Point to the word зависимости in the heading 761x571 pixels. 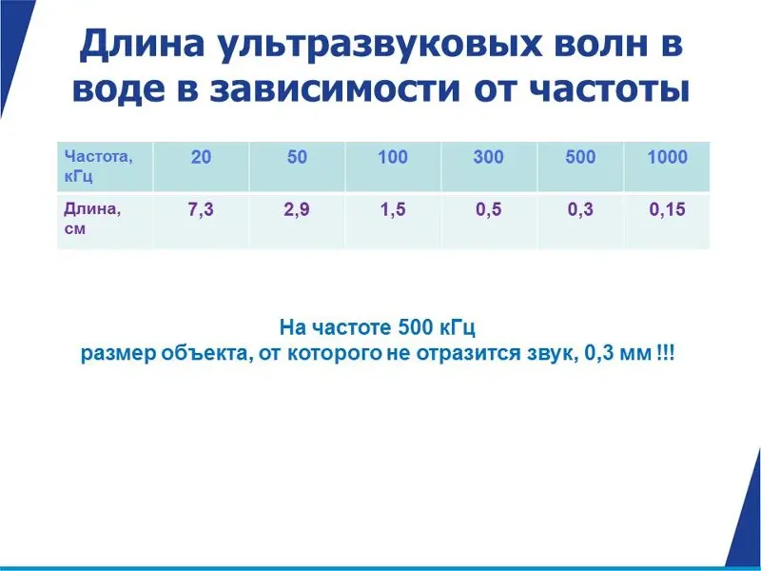[335, 90]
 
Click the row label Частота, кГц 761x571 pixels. [98, 166]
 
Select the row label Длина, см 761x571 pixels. [92, 219]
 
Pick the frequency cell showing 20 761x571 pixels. [201, 157]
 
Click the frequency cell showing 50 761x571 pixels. [297, 157]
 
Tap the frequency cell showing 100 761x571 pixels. [393, 157]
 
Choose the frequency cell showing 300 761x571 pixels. [488, 157]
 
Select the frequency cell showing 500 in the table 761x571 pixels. [580, 157]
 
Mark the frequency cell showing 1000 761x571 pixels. [668, 157]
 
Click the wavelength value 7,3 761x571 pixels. [201, 209]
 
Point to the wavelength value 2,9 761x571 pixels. [297, 209]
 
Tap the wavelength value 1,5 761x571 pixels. [393, 209]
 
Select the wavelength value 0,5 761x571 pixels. [488, 209]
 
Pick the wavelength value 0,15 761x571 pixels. [668, 209]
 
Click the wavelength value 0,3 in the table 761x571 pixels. [580, 209]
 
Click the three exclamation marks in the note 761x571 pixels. [665, 353]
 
